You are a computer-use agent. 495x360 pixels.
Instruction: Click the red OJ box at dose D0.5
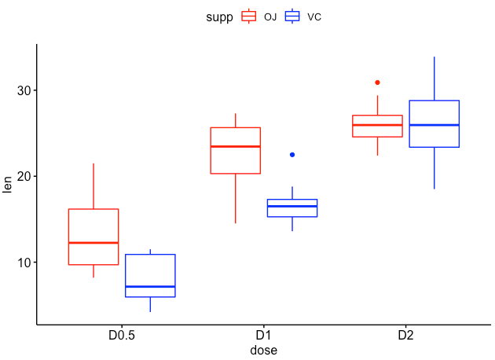[x=93, y=236]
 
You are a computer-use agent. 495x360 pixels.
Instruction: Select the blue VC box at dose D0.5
[x=149, y=275]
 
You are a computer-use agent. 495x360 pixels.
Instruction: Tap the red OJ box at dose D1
[x=236, y=150]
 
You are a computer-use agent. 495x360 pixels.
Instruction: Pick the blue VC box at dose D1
[x=292, y=208]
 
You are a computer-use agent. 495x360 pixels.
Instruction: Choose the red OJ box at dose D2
[x=377, y=126]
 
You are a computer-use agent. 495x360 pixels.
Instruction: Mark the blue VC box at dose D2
[x=434, y=123]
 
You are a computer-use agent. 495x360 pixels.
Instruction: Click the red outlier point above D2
[x=377, y=83]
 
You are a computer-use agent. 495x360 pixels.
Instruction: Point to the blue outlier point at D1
[x=292, y=155]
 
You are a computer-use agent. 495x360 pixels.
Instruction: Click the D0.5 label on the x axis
[x=122, y=335]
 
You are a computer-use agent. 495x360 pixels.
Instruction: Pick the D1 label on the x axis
[x=264, y=335]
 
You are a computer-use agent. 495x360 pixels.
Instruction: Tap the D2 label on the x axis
[x=405, y=335]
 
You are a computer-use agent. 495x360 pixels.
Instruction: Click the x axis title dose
[x=264, y=350]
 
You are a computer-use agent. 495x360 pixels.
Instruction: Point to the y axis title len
[x=8, y=184]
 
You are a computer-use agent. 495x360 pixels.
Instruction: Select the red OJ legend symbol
[x=249, y=16]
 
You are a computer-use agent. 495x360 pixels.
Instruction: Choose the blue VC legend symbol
[x=293, y=16]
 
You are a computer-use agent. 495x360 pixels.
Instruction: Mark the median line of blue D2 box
[x=434, y=125]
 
